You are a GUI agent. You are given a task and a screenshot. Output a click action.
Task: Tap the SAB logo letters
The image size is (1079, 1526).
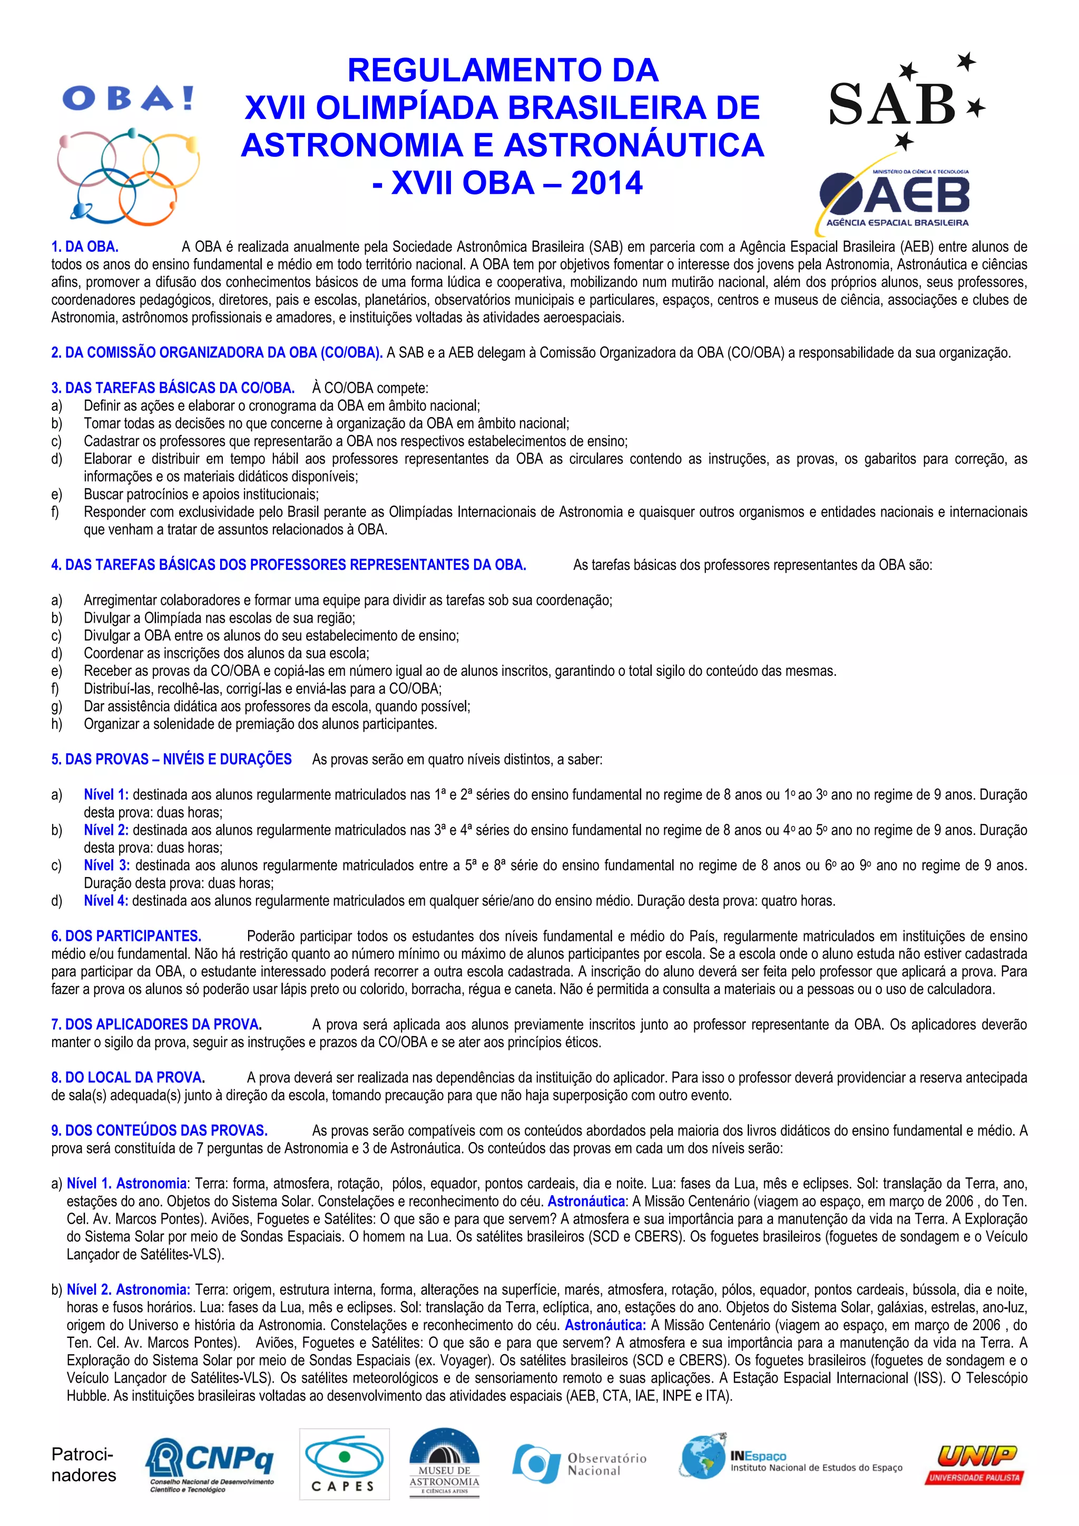[x=891, y=104]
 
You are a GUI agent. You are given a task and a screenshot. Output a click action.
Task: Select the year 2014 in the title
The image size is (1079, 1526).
[x=606, y=183]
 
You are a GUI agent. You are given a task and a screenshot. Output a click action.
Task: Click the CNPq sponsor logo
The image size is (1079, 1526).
[x=210, y=1465]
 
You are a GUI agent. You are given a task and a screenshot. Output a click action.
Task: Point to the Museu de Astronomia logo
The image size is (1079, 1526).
[x=444, y=1465]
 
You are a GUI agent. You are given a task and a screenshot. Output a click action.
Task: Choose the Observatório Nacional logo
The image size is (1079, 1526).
[x=580, y=1464]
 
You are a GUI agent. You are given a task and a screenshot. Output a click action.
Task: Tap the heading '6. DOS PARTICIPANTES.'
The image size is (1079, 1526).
[x=126, y=936]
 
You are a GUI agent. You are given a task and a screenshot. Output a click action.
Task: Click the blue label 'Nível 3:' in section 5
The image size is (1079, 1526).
[x=106, y=865]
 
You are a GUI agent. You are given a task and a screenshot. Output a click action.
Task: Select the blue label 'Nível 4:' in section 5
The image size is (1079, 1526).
[x=106, y=901]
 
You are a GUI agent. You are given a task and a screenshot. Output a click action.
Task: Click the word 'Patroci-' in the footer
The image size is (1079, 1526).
[x=82, y=1454]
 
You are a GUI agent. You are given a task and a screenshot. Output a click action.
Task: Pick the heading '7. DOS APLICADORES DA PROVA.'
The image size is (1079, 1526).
[x=157, y=1024]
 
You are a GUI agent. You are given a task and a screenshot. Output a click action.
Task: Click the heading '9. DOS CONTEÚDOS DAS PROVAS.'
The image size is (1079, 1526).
[x=160, y=1130]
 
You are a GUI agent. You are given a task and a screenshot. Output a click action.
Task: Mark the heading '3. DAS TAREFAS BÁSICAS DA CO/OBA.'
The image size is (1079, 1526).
[x=173, y=388]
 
